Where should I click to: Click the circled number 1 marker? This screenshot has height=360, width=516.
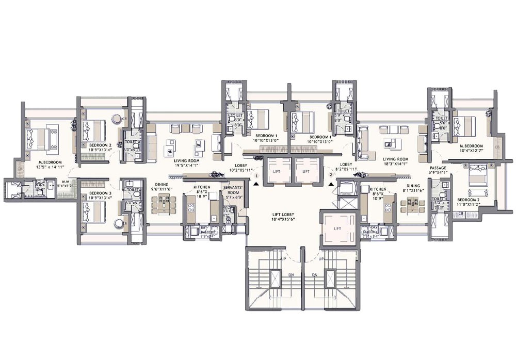coord(256,175)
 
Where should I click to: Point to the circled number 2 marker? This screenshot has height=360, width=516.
coord(331,175)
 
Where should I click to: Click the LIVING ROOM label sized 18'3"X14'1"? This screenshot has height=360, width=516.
coord(396,159)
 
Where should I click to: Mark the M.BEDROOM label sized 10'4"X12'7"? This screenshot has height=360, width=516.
coord(472,147)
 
